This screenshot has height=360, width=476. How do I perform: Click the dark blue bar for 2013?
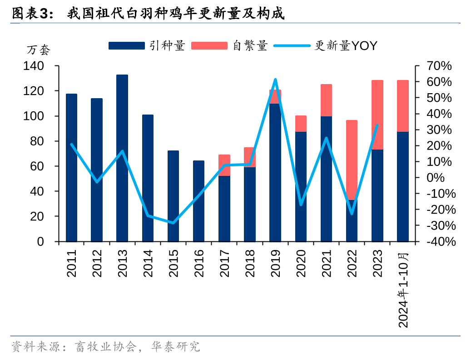(122, 158)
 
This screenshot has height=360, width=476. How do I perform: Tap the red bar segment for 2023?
(377, 115)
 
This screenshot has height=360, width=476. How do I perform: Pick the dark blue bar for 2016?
(198, 201)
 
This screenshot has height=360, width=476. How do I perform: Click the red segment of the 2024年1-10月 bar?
(403, 106)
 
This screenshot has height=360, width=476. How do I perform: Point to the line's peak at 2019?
(275, 80)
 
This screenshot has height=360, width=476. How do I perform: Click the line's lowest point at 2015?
(173, 223)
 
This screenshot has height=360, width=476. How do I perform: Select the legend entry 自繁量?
(230, 45)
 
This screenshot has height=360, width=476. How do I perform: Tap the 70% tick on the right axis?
(439, 66)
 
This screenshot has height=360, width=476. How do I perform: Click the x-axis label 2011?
(71, 265)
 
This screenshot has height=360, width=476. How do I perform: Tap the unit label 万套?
(39, 50)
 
